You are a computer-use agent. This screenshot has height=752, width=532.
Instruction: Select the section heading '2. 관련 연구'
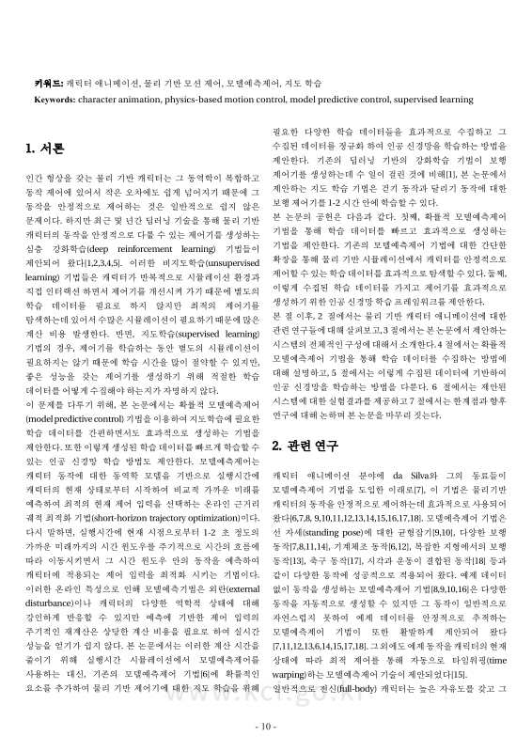tap(305, 443)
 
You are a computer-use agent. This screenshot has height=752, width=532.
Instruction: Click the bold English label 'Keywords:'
tap(55, 98)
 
